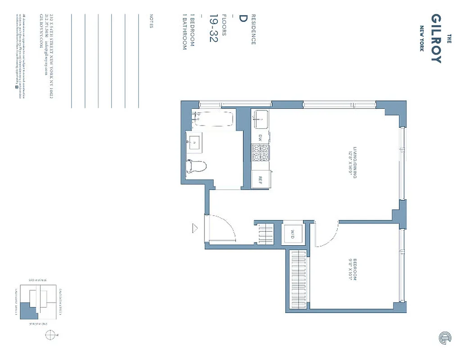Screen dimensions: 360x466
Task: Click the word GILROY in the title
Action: (436, 38)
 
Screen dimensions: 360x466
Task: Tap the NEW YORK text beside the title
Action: (422, 38)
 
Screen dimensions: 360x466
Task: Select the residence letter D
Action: (243, 18)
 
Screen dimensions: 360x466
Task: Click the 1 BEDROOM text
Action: (192, 32)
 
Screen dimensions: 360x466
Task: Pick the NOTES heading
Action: (151, 20)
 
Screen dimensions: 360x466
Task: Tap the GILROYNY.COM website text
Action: (41, 27)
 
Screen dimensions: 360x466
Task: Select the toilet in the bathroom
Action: (196, 167)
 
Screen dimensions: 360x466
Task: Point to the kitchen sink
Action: (260, 120)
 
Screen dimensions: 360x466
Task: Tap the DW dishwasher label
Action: (260, 137)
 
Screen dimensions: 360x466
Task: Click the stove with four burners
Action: (260, 153)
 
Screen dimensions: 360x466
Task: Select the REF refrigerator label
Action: (260, 179)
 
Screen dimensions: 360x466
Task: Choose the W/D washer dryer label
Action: (292, 234)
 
